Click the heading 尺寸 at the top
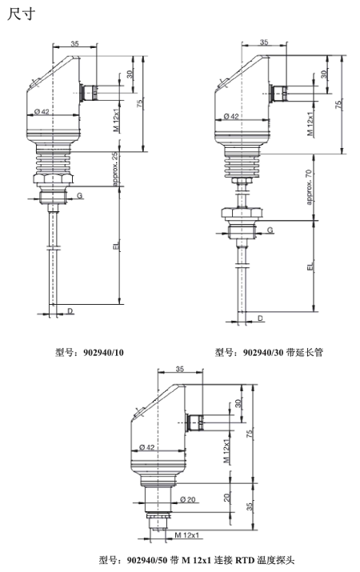tap(18, 14)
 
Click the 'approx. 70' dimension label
tap(308, 186)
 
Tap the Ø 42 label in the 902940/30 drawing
tap(231, 116)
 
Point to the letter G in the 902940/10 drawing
tap(78, 195)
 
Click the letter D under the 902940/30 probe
tap(261, 318)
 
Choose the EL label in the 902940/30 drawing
tap(309, 270)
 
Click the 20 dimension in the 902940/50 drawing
tap(228, 498)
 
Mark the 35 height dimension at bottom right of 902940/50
tap(250, 506)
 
